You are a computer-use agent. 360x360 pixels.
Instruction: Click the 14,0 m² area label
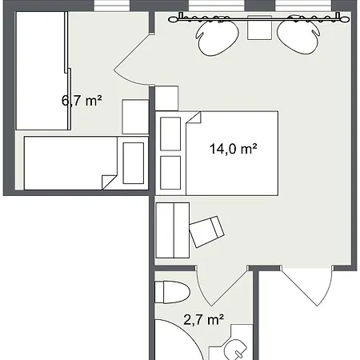pos(234,149)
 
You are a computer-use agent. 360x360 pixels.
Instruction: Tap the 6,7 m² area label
pos(82,101)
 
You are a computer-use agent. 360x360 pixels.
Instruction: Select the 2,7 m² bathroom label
pos(203,319)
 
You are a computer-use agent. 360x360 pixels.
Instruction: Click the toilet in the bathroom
pos(172,292)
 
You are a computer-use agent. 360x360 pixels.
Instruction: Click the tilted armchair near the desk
pos(206,232)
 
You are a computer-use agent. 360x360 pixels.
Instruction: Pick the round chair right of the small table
pos(298,36)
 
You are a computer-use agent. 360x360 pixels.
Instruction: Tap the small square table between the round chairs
pos(259,28)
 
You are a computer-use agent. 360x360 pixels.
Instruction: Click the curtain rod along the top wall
pos(258,18)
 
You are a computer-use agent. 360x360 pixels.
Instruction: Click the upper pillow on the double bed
pos(170,134)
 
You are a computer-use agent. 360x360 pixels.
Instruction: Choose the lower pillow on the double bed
pos(170,173)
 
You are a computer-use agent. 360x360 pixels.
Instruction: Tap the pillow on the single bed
pos(134,163)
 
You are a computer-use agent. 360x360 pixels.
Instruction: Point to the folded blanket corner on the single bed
pos(110,182)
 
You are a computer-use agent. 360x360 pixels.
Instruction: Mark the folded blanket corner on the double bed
pos(194,118)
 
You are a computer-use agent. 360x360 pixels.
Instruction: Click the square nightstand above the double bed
pos(166,98)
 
